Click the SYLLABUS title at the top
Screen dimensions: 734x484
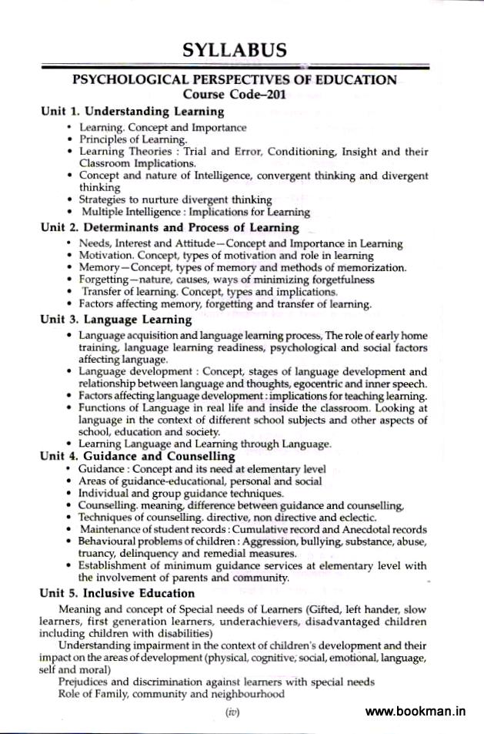[x=235, y=51]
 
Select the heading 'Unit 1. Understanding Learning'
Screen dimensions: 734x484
[x=132, y=112]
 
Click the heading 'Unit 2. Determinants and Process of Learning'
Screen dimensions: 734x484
[x=169, y=228]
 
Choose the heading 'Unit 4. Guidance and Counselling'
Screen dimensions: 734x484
[x=138, y=456]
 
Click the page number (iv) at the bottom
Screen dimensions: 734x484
[x=232, y=713]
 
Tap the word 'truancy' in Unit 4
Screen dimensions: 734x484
[x=96, y=554]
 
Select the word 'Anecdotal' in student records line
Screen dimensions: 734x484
[x=361, y=530]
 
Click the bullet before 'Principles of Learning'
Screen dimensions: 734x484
[x=70, y=140]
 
